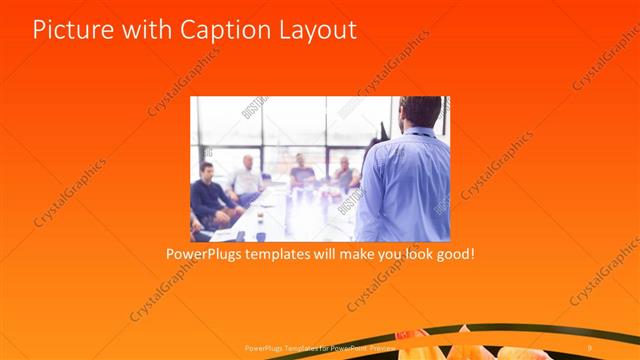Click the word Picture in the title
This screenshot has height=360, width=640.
pyautogui.click(x=69, y=30)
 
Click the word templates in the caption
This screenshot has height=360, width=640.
pyautogui.click(x=290, y=254)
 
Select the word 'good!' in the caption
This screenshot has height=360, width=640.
pyautogui.click(x=451, y=254)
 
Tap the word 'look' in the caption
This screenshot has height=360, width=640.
pyautogui.click(x=406, y=254)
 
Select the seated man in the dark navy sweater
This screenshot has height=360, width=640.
pyautogui.click(x=209, y=195)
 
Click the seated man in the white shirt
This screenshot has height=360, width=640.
pyautogui.click(x=246, y=180)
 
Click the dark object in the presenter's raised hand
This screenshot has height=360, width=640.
pyautogui.click(x=382, y=132)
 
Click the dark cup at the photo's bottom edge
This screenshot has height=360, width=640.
pyautogui.click(x=261, y=236)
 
